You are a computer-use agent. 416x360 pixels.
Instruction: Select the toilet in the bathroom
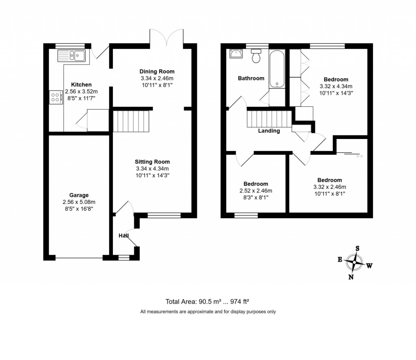(x=256, y=56)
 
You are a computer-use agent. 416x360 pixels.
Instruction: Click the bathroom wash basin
(x=236, y=54)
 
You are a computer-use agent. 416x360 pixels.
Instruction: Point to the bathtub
(x=277, y=69)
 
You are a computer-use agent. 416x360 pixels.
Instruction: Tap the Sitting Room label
(x=153, y=161)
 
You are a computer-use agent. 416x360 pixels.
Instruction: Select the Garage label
(x=79, y=195)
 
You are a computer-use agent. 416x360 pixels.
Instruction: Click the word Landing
(x=269, y=131)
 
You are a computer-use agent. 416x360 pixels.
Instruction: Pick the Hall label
(x=123, y=236)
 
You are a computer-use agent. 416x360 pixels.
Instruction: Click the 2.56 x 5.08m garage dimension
(x=79, y=202)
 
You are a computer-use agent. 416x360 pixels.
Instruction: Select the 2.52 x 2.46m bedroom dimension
(x=256, y=191)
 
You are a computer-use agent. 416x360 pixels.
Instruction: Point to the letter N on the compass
(x=351, y=278)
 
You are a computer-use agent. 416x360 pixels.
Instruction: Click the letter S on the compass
(x=357, y=248)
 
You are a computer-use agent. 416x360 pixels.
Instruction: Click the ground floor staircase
(x=130, y=120)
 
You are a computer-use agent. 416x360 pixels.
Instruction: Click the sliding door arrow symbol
(x=359, y=156)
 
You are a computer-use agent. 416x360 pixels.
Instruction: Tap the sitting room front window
(x=164, y=216)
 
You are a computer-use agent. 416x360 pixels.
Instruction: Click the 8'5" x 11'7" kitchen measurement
(x=81, y=98)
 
